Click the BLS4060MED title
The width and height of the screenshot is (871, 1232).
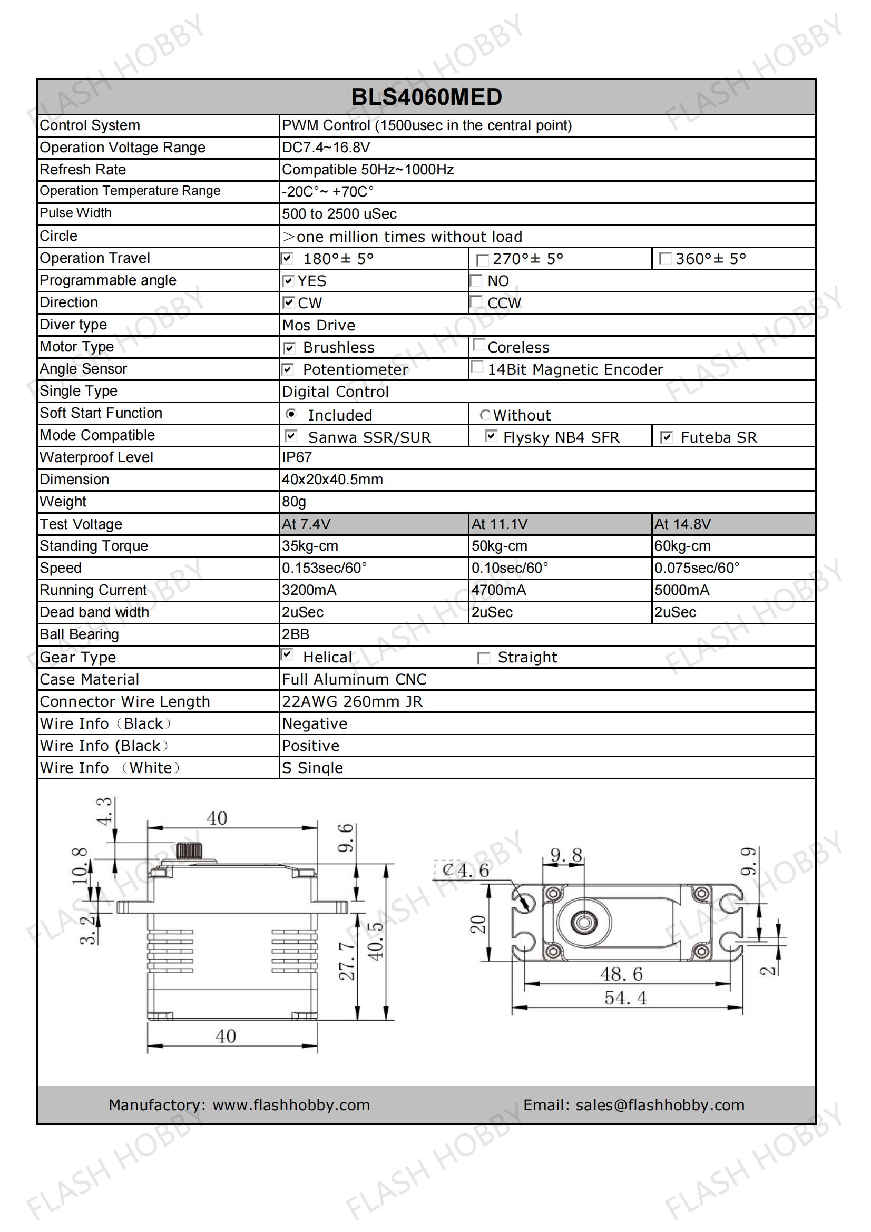426,97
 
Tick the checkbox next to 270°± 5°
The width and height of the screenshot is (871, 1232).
483,260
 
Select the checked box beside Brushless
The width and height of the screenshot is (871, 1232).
289,349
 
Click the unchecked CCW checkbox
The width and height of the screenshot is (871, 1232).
476,302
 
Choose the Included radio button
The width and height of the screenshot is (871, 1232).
291,414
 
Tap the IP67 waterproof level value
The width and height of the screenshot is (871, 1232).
297,457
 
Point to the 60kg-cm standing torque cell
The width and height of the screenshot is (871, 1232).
682,546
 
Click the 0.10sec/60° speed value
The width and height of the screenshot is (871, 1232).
510,568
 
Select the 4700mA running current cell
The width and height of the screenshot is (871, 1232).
498,590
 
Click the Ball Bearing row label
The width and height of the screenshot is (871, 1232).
80,634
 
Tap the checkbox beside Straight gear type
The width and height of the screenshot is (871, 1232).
484,658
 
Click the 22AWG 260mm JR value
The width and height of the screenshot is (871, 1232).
352,701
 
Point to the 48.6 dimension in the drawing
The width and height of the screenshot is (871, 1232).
621,974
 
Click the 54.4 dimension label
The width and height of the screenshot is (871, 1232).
625,998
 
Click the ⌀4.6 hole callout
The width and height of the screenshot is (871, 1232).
465,871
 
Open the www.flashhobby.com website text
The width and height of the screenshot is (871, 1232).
291,1105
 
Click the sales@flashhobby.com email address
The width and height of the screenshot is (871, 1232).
660,1105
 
